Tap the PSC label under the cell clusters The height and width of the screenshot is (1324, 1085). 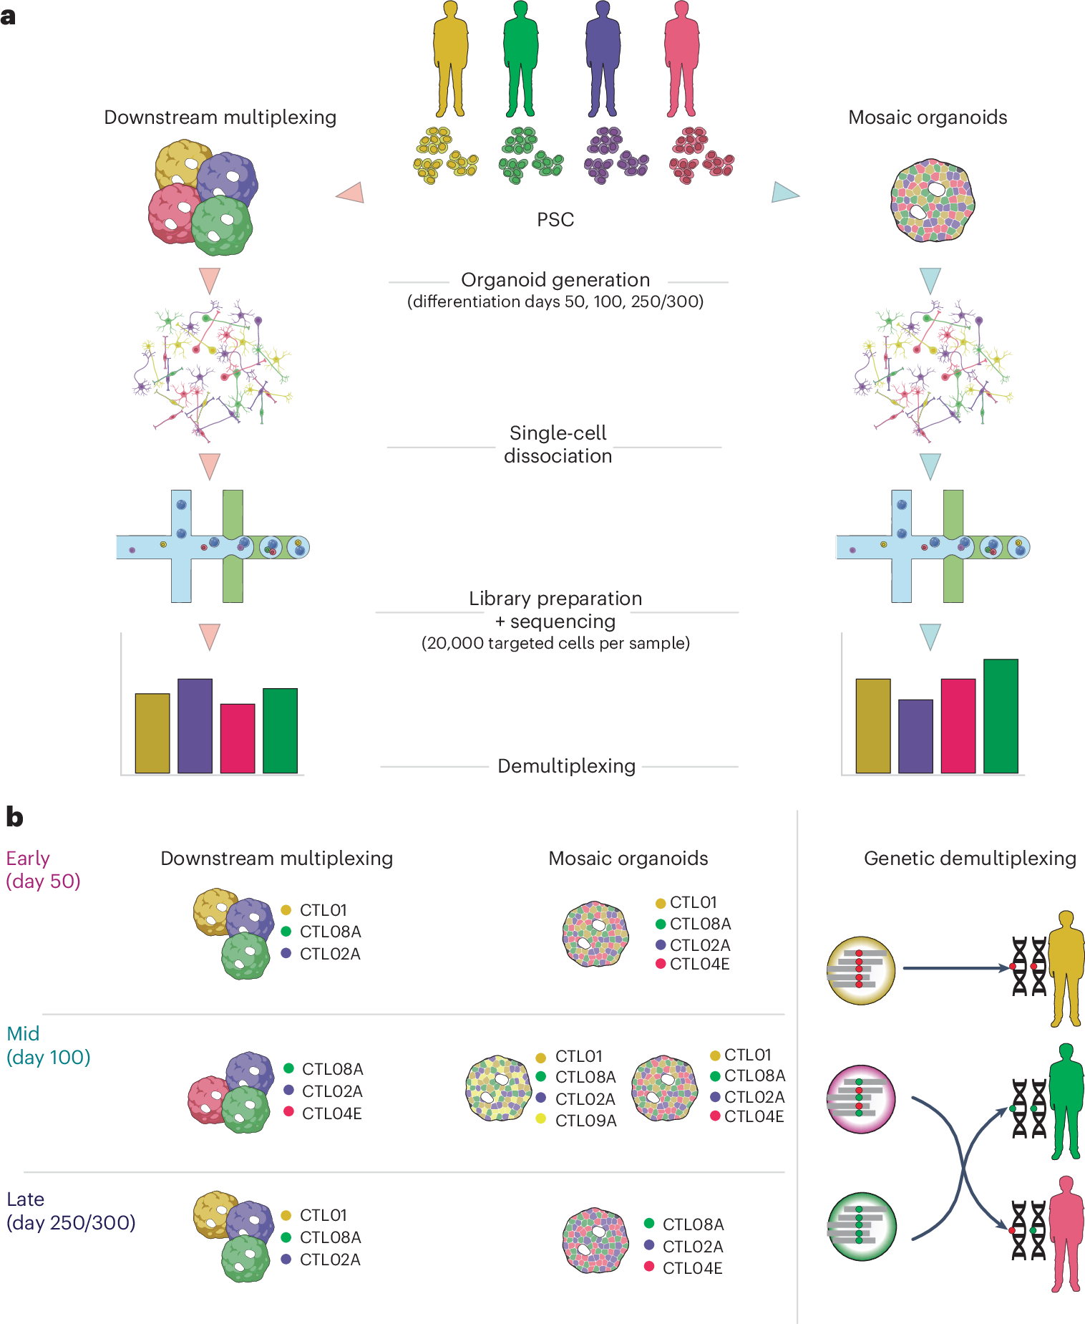pos(555,220)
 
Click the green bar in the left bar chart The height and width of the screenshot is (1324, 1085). pos(280,730)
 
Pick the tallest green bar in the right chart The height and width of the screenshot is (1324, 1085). pos(1000,716)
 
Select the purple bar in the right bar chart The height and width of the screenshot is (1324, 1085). pos(915,736)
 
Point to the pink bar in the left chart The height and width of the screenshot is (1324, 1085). pos(238,738)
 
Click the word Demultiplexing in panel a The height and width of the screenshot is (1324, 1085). pos(566,766)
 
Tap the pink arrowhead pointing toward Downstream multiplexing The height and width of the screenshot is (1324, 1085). pos(351,193)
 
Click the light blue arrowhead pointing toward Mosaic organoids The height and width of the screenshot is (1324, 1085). pos(784,193)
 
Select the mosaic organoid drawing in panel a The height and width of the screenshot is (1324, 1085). pos(932,200)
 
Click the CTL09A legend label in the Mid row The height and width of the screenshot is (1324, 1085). pos(585,1121)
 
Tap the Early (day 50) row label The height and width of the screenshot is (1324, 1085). pos(43,869)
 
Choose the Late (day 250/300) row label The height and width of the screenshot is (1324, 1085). pos(71,1211)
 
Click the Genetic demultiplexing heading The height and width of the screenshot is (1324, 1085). pos(970,859)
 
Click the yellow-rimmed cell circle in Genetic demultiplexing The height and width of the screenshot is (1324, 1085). pos(861,970)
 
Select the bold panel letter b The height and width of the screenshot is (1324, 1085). pos(14,817)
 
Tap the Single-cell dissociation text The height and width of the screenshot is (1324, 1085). pos(558,445)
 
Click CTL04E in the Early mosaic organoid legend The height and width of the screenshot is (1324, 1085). pos(699,965)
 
